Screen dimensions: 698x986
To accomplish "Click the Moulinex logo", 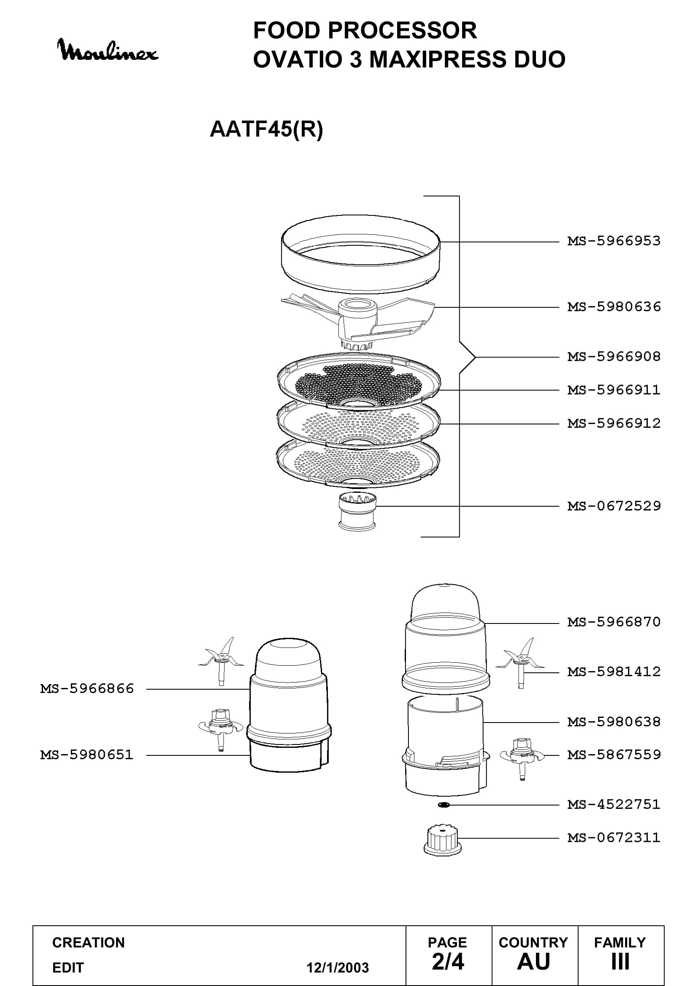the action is click(x=108, y=50).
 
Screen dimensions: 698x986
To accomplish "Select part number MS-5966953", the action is click(x=614, y=241).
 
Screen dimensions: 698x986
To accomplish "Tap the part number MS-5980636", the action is click(x=614, y=307).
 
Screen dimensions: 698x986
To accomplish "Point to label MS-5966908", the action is click(x=614, y=357).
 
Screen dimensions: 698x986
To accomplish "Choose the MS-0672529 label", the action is click(x=614, y=506).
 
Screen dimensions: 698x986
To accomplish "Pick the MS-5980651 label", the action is click(x=87, y=755).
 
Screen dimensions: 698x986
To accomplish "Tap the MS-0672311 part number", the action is click(x=614, y=838).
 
